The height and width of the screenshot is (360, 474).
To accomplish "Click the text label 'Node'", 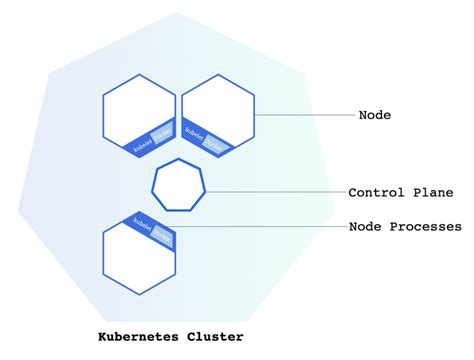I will coord(374,115).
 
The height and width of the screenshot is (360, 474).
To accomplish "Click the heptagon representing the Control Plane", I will coord(179,185).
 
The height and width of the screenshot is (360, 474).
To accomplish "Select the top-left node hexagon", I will coord(138,115).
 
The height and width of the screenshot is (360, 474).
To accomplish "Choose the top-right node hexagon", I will coord(216,115).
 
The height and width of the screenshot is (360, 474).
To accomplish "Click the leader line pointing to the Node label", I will coord(305,115).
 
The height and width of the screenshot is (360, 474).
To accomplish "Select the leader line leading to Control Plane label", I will coord(275,192).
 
